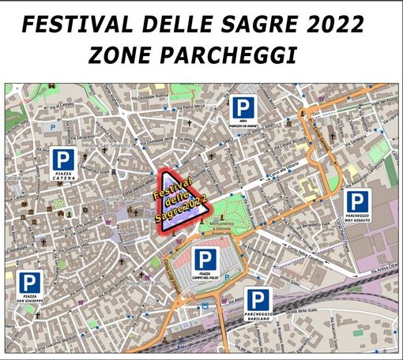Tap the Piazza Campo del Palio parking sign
click(205, 264)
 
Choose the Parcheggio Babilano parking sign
click(258, 305)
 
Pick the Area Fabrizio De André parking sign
click(243, 114)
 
